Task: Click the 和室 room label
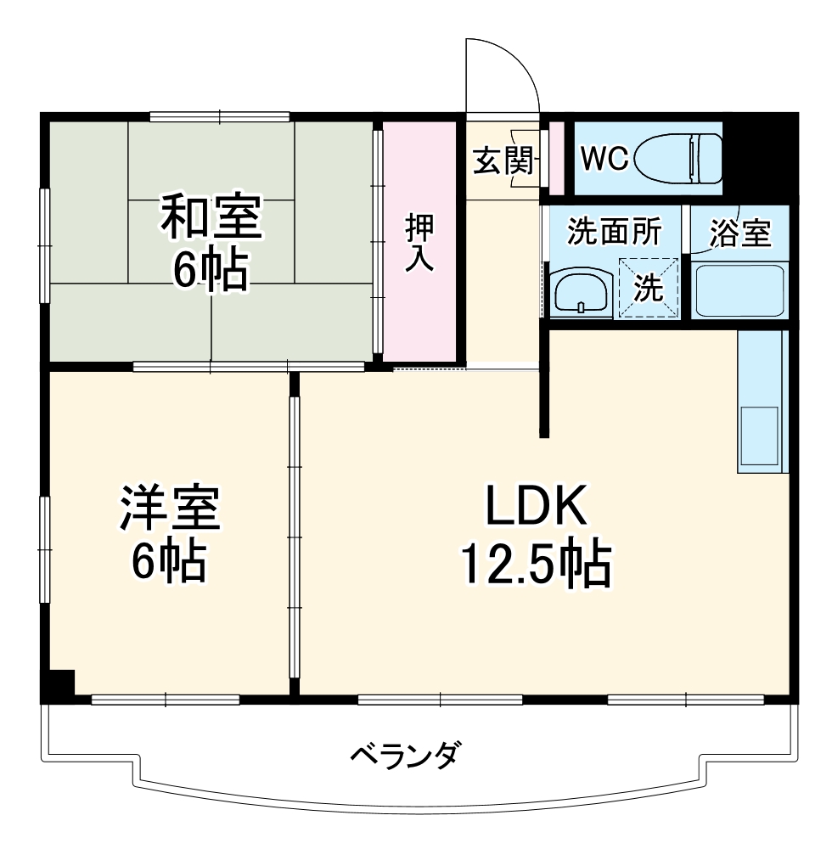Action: [212, 216]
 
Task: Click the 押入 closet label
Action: [419, 243]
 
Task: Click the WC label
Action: [604, 157]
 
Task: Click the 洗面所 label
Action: [614, 232]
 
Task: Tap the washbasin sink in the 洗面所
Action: [581, 293]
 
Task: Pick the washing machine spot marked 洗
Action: [649, 289]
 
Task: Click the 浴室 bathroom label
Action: [742, 233]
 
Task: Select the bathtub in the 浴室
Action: [739, 291]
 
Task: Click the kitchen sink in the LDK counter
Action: [761, 436]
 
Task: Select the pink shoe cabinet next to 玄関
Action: [557, 157]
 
